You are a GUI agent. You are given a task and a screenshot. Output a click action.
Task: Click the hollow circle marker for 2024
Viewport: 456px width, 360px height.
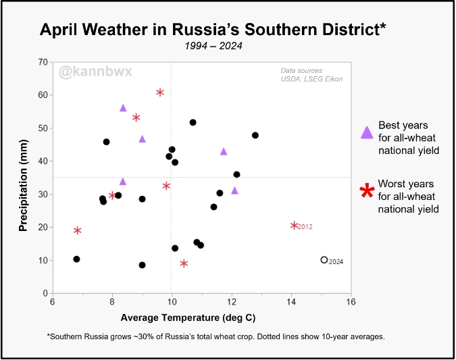coord(324,260)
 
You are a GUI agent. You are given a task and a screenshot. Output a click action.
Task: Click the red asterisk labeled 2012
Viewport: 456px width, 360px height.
coord(295,226)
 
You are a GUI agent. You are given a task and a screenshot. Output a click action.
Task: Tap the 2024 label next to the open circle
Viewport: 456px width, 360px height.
coord(336,262)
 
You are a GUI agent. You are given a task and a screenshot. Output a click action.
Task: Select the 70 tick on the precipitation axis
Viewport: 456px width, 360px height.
coord(43,62)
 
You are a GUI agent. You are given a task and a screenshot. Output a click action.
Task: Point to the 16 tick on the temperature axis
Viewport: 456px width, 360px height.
coord(351,302)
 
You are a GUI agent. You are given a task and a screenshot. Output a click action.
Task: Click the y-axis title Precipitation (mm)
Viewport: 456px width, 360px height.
coord(23,178)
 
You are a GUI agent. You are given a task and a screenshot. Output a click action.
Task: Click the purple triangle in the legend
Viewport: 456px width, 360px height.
coord(366,132)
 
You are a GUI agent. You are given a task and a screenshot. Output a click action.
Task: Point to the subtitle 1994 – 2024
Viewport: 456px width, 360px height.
coord(213,47)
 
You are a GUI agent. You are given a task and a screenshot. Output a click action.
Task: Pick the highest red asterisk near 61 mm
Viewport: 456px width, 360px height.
coord(160,93)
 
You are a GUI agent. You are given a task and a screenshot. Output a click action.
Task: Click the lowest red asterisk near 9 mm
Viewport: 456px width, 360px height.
coord(184,263)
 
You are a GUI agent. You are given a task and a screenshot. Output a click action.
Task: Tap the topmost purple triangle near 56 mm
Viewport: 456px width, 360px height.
coord(123,108)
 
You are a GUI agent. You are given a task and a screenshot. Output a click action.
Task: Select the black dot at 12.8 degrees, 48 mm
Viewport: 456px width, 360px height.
coord(255,135)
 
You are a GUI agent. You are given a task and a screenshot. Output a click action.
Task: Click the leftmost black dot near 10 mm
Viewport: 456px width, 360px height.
coord(76,259)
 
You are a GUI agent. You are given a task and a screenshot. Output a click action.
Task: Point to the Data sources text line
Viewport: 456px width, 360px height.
coord(303,71)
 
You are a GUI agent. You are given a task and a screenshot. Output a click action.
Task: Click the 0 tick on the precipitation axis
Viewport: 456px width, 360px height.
coord(45,293)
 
